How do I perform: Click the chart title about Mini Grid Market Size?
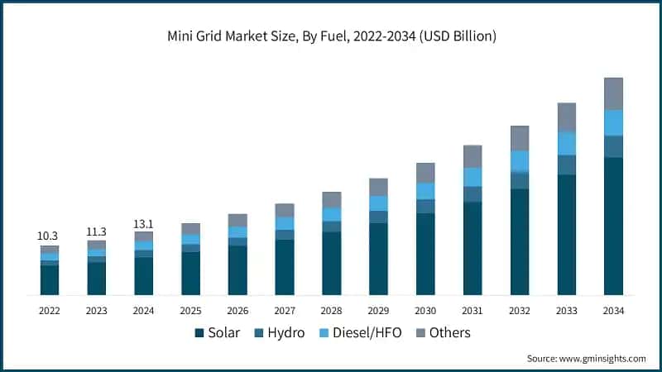pos(331,36)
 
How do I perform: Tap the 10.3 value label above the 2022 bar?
pos(50,236)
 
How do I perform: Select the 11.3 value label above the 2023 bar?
pos(97,231)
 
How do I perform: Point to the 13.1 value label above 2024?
pos(143,223)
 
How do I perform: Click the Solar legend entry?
pos(218,332)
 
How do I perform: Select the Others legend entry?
pos(442,332)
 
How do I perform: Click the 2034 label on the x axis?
pos(613,311)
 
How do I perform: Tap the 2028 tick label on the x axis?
pos(331,311)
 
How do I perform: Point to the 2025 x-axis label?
pos(190,311)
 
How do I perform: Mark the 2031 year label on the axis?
pos(473,311)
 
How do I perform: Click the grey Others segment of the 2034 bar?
pos(613,93)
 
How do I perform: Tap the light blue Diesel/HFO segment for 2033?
pos(566,143)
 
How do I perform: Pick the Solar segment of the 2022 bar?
pos(50,280)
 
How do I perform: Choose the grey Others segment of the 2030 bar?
pos(425,173)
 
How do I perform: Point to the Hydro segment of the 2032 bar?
pos(520,180)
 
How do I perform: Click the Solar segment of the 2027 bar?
pos(285,267)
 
